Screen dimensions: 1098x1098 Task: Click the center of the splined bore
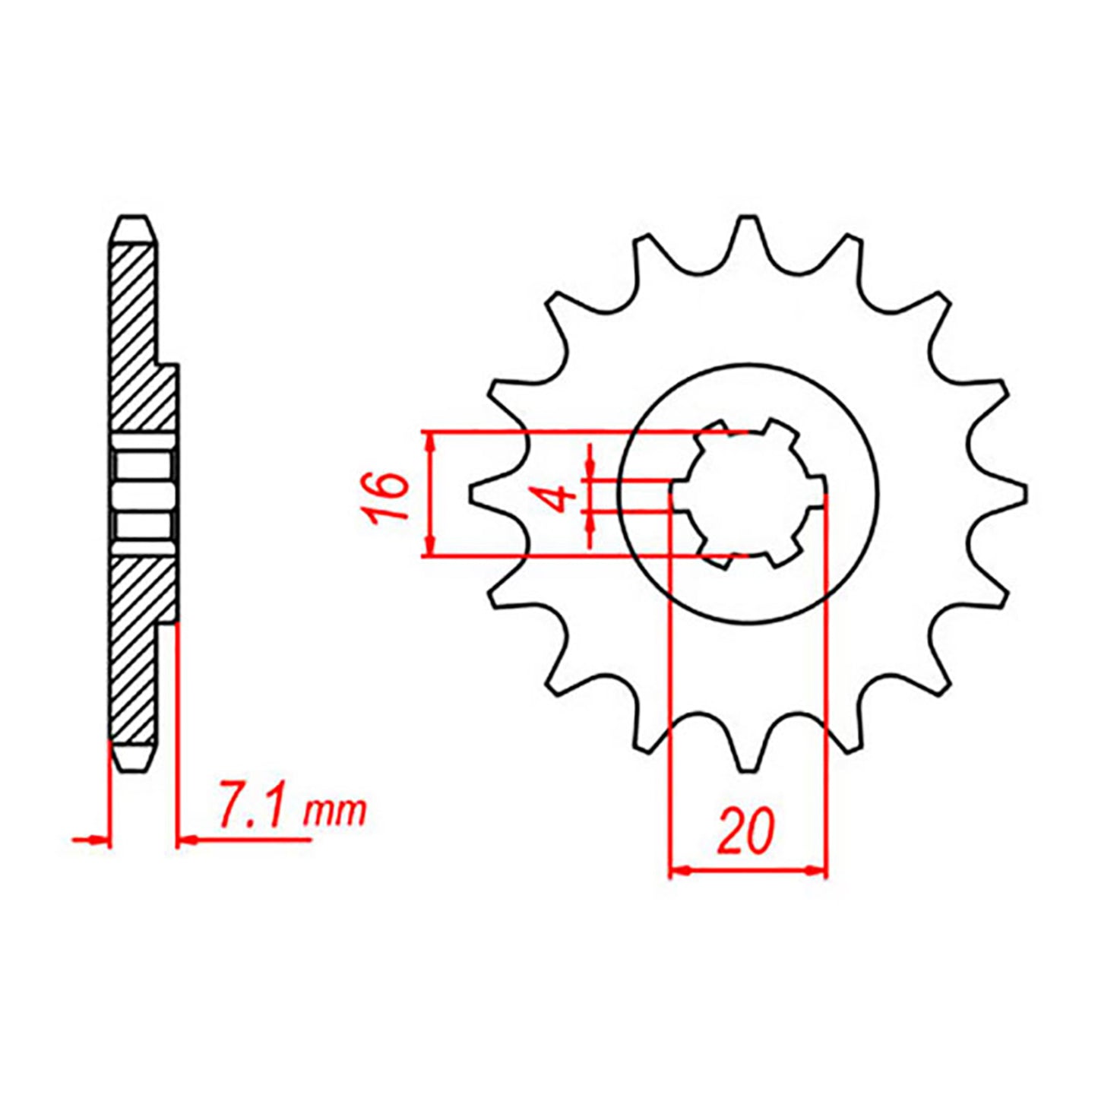pos(748,494)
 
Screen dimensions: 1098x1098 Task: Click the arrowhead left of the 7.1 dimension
pos(99,840)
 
